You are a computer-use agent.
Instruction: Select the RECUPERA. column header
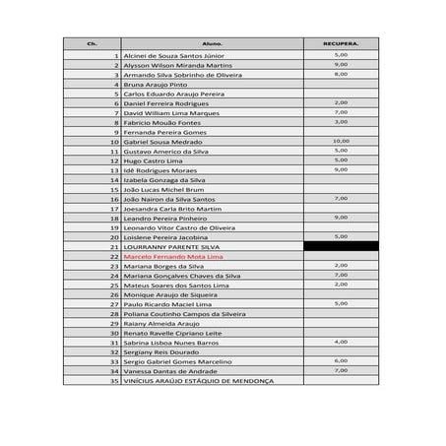tap(341, 44)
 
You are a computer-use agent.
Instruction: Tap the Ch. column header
tap(93, 44)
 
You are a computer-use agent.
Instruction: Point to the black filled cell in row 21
tap(341, 246)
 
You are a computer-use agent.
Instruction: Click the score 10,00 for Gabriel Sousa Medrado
tap(341, 141)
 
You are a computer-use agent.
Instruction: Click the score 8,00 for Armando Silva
tap(341, 74)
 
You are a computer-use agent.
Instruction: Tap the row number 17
tap(114, 208)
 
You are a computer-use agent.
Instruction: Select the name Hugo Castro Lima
tap(152, 160)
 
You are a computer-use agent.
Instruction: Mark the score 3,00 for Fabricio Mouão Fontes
tap(341, 121)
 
